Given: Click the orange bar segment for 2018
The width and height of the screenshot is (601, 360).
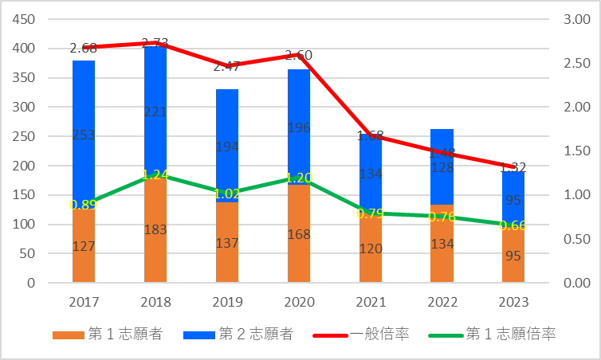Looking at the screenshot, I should click(155, 231).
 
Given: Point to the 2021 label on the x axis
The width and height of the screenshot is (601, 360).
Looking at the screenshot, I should click(370, 302).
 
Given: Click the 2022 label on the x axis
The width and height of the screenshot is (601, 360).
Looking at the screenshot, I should click(442, 302).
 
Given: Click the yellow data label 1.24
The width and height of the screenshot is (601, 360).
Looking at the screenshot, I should click(155, 175).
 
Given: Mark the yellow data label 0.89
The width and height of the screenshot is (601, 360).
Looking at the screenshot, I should click(84, 205).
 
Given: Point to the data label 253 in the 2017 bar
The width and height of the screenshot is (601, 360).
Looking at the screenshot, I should click(84, 135).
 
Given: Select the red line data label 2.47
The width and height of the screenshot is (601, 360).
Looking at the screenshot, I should click(228, 66).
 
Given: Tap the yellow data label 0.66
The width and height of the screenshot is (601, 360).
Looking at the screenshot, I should click(513, 225).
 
